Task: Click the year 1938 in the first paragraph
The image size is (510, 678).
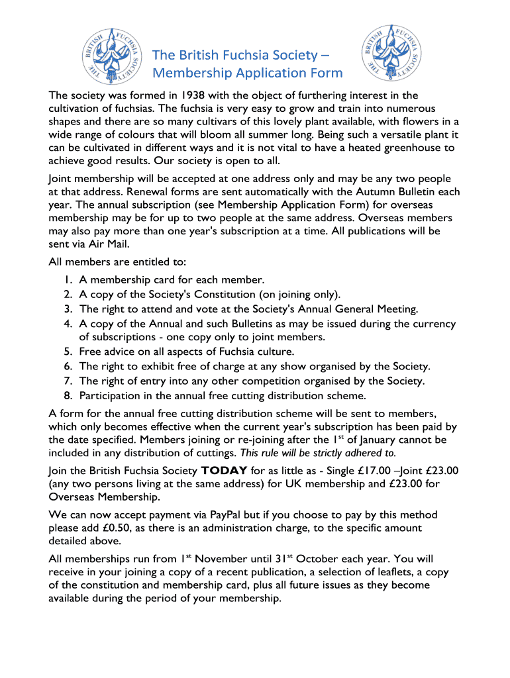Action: click(x=189, y=95)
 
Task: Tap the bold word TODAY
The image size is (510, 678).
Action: click(x=224, y=471)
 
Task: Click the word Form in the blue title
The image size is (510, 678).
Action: click(x=326, y=73)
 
